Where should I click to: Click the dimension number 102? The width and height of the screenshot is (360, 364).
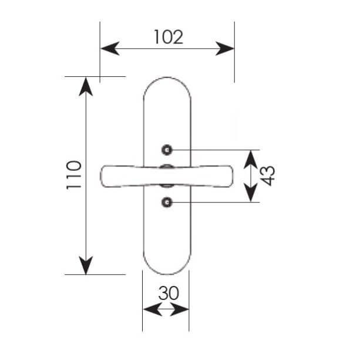coord(169,37)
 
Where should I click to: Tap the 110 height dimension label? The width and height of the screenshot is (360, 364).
coord(74,175)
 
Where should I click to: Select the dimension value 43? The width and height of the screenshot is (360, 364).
coord(268,176)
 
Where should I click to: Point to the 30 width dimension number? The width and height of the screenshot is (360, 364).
coord(169,293)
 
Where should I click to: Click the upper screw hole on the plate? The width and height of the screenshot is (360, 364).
coord(167,150)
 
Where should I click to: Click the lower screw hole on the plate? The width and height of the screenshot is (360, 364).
coord(167,203)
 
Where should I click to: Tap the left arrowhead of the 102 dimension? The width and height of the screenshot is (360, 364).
coord(110,49)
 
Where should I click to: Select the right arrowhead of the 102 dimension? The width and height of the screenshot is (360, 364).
coord(225,49)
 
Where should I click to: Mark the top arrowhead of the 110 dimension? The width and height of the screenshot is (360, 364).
coord(86,86)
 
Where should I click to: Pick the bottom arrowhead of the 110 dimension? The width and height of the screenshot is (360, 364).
coord(86,265)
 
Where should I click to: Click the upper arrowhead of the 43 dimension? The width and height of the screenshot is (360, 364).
coord(251,160)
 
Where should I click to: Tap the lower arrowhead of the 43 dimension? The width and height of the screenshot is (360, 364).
coord(251,193)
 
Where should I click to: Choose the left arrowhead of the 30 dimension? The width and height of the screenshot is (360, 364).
coord(153,309)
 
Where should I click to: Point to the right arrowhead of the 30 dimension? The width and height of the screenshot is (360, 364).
coord(179,309)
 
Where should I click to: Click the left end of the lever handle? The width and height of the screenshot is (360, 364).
coord(101,176)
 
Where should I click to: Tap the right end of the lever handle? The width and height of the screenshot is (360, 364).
coord(232,176)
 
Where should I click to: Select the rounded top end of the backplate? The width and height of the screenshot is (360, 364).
coord(167,77)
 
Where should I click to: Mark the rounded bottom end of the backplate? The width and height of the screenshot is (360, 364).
coord(167,274)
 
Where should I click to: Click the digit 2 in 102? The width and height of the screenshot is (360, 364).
coord(177,37)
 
